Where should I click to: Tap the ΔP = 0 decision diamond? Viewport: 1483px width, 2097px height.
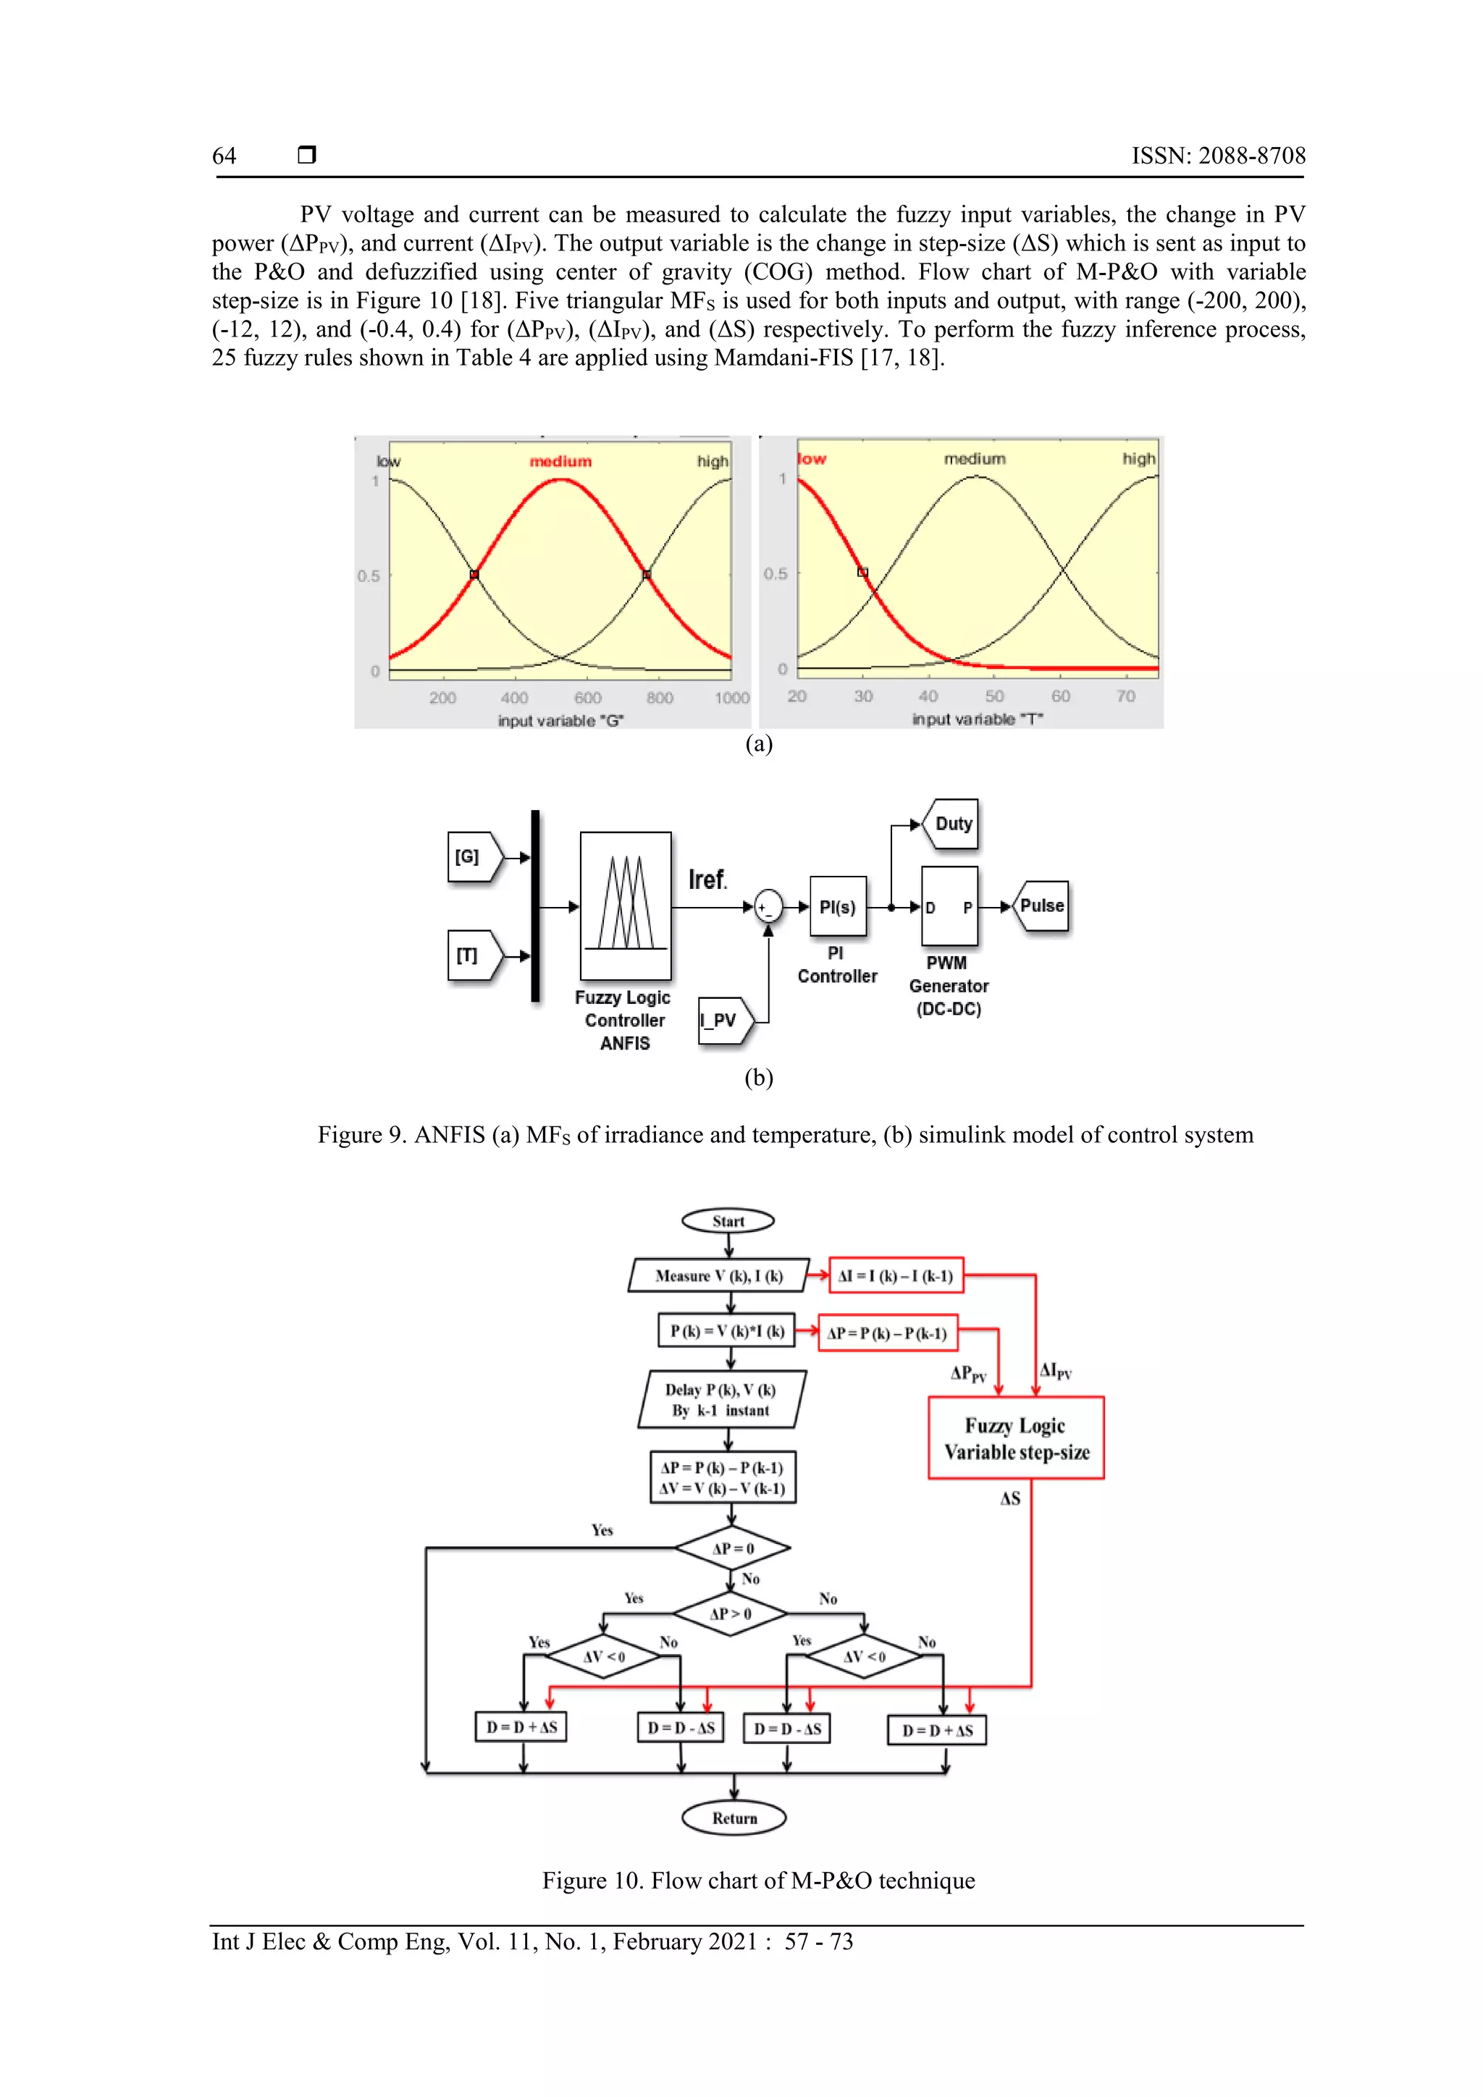pos(732,1548)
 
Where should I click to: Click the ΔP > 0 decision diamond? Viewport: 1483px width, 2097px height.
pos(730,1614)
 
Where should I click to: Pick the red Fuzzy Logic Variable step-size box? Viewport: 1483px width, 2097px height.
pos(1015,1438)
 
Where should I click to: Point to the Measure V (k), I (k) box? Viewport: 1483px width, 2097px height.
pos(719,1276)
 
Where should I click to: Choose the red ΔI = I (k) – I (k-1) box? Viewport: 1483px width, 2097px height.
pos(896,1276)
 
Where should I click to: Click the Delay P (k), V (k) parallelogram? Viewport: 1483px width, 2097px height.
pos(721,1399)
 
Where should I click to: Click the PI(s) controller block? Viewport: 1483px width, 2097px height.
pos(837,907)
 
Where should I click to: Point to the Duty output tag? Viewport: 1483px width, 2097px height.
pos(952,824)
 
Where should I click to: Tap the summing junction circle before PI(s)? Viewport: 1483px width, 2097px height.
pos(768,907)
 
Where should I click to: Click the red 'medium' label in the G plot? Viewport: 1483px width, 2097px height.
pos(560,462)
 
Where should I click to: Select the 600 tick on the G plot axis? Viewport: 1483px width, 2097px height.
pos(587,698)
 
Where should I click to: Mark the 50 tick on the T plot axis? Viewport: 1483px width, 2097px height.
pos(994,696)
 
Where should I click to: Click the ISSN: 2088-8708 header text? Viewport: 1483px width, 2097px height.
pos(1218,156)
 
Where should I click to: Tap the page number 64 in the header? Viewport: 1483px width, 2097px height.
pos(224,156)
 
